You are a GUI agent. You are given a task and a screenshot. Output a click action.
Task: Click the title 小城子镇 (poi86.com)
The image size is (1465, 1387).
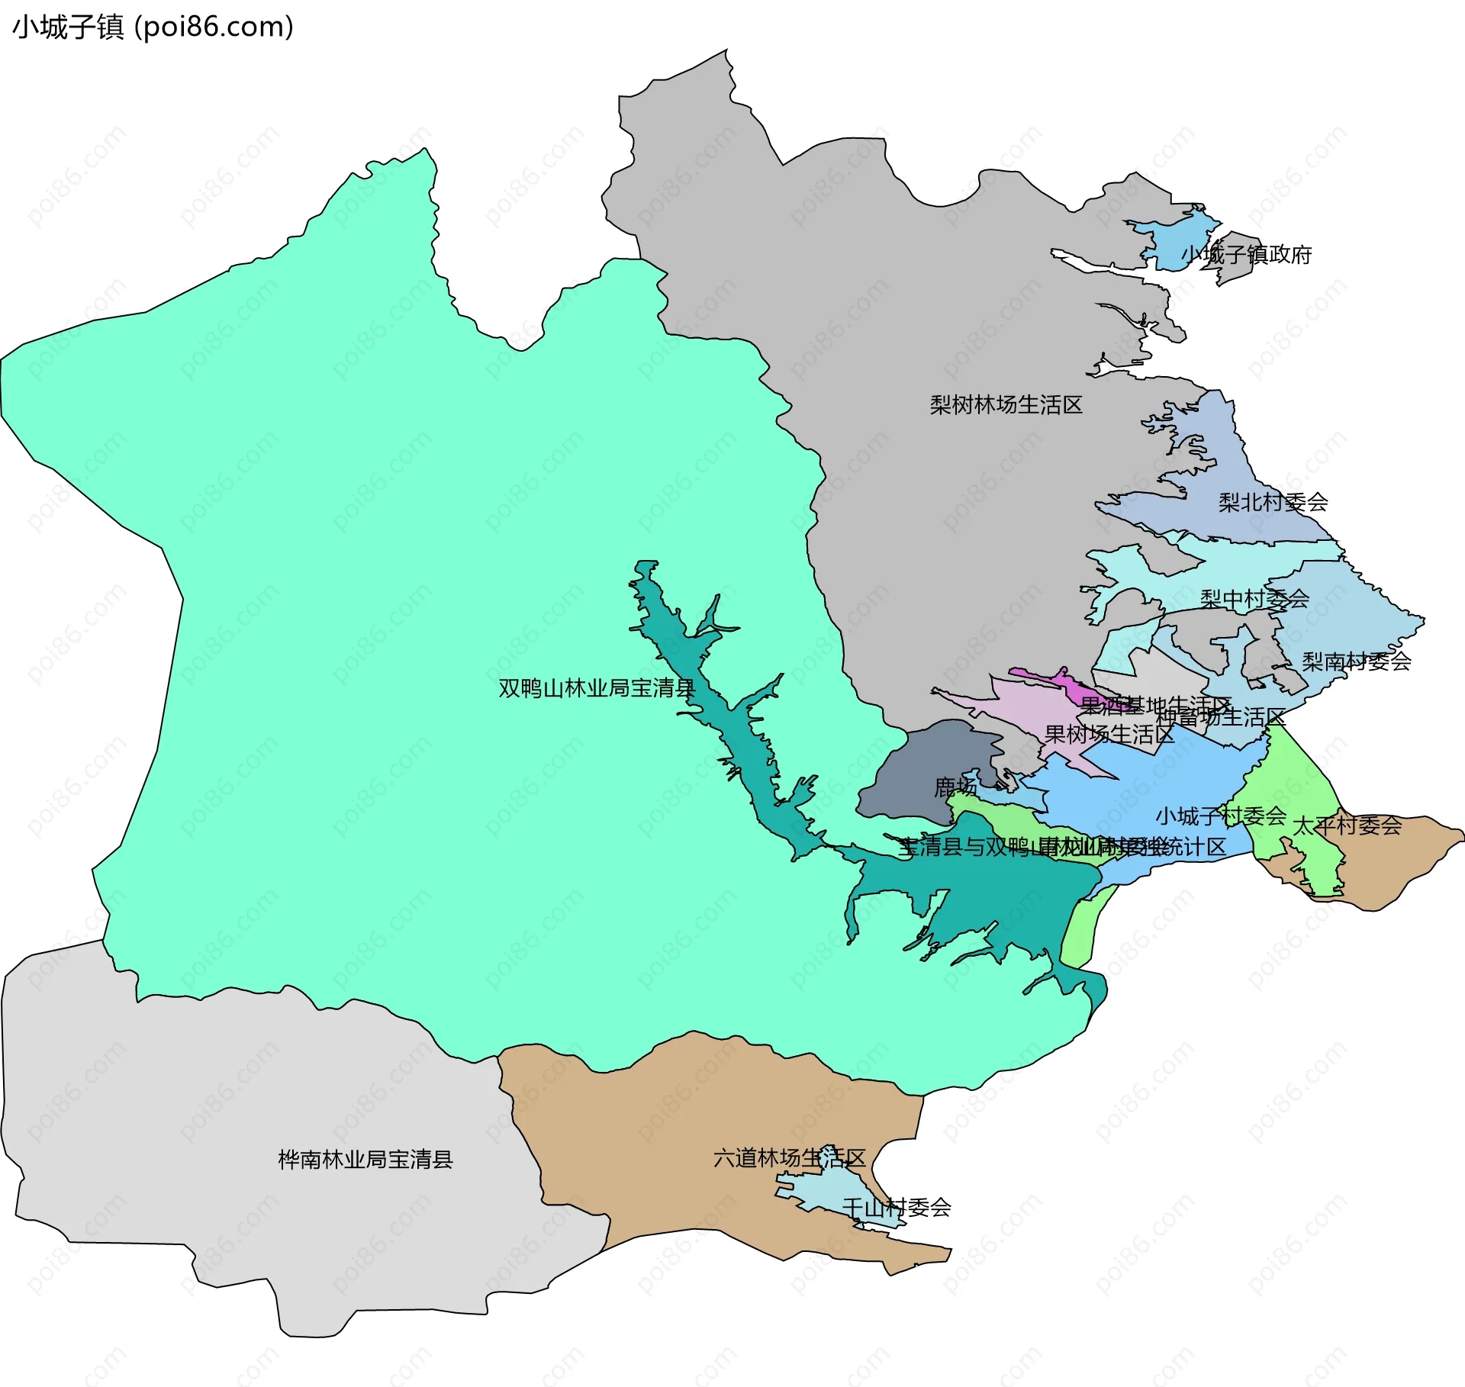[x=153, y=27]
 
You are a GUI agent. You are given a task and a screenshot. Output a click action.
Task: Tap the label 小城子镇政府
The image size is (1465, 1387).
[x=1246, y=254]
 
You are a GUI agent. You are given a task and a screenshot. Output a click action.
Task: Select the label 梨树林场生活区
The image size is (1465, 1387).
[x=1006, y=404]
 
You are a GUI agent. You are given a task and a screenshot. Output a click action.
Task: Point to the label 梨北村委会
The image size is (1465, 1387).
[x=1273, y=502]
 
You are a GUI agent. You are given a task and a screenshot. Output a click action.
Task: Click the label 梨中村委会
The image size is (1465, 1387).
[x=1254, y=599]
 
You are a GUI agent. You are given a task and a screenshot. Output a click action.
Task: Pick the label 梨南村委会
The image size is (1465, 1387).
[x=1356, y=661]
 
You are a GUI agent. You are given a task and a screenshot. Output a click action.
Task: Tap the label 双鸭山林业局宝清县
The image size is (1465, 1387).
[x=597, y=688]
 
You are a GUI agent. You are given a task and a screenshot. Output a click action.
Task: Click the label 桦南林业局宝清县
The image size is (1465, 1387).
[x=365, y=1160]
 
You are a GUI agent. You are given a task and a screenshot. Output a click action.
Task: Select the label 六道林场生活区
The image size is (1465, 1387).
[x=789, y=1158]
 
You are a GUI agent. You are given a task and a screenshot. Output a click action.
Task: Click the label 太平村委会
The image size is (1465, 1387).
[x=1347, y=825]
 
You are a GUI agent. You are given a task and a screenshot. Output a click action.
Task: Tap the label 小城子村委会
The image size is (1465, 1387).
[x=1221, y=816]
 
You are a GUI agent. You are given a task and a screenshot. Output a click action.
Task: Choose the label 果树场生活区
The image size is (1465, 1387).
[x=1109, y=734]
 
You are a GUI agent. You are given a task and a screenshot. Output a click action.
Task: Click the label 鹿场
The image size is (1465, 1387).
[x=955, y=787]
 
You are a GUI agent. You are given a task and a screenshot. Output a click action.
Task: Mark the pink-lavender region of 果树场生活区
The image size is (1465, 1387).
[x=1022, y=698]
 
